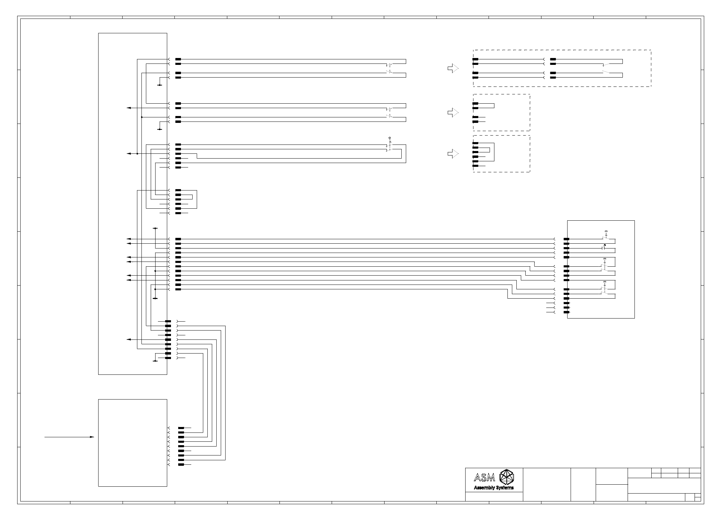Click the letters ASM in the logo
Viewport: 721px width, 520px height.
(x=484, y=477)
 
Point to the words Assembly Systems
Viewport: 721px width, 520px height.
(x=494, y=488)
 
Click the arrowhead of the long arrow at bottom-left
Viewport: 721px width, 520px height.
(x=92, y=437)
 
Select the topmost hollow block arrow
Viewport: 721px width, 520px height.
(x=453, y=69)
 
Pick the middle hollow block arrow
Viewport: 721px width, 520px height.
(x=453, y=113)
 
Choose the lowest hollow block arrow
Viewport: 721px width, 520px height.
(x=453, y=154)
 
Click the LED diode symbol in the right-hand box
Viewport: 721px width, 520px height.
(x=605, y=245)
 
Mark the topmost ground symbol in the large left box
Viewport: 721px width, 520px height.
(x=160, y=85)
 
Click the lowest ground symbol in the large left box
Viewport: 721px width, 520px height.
(x=155, y=361)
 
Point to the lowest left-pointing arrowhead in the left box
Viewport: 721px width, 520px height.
(x=129, y=339)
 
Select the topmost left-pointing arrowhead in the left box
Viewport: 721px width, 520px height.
(x=129, y=108)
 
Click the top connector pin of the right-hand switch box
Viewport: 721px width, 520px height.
(x=566, y=239)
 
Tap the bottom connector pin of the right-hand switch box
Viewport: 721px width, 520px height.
(x=566, y=312)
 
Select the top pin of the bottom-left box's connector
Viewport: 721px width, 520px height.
(x=181, y=428)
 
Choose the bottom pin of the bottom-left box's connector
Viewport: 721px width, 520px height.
(x=181, y=464)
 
